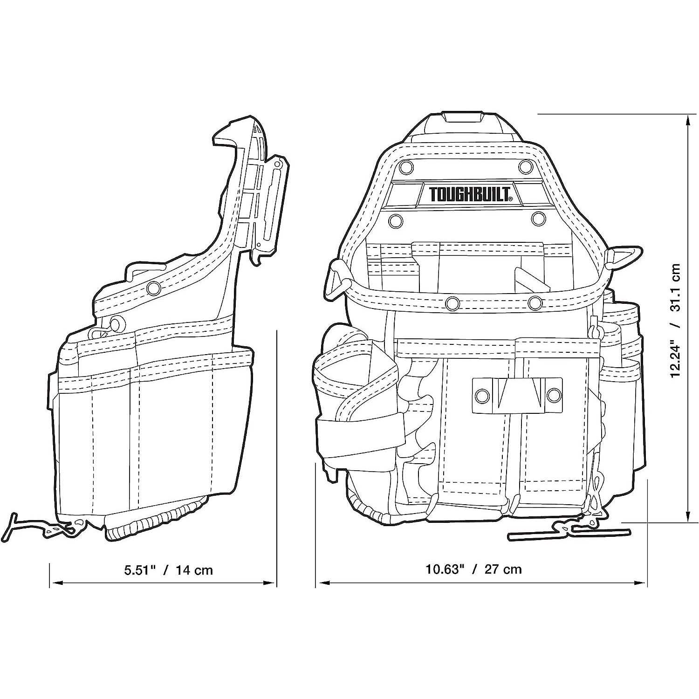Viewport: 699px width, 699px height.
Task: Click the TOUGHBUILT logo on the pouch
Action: (x=471, y=194)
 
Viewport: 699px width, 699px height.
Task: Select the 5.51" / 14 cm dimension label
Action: (x=168, y=569)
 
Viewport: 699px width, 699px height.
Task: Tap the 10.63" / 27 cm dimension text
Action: (x=473, y=569)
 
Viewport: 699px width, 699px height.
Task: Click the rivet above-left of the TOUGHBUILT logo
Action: (x=406, y=166)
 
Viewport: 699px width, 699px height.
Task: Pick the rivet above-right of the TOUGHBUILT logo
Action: (x=526, y=166)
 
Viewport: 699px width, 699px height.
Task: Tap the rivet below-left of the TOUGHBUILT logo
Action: (x=396, y=220)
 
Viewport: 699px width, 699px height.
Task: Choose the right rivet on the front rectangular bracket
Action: (x=553, y=396)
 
